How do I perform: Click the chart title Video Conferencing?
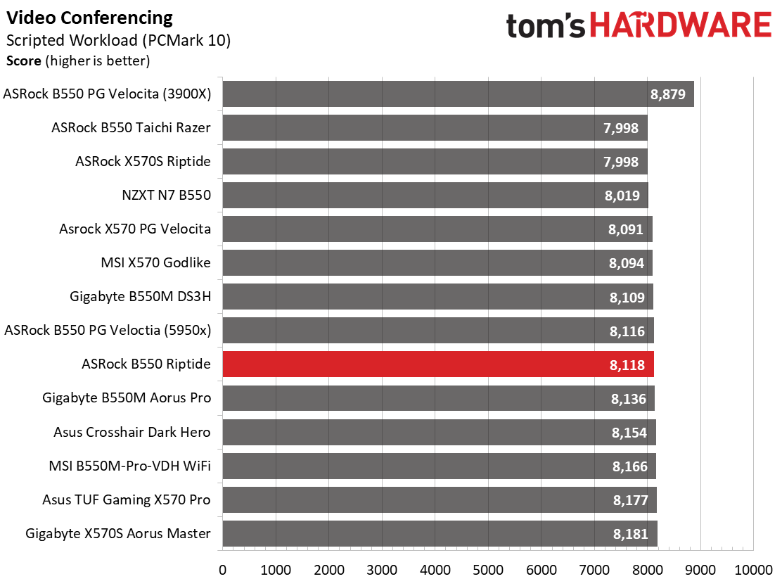coord(89,18)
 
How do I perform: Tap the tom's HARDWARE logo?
coord(639,25)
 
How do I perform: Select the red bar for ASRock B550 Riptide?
coord(438,364)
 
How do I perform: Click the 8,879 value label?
coord(668,94)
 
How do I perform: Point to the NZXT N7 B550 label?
coord(167,195)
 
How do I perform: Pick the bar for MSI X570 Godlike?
coord(437,263)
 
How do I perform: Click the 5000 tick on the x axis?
coord(488,570)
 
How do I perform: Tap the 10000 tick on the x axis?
coord(753,570)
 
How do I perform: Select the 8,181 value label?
coord(630,534)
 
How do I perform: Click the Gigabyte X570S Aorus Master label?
coord(118,534)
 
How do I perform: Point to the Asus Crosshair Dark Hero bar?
coord(439,432)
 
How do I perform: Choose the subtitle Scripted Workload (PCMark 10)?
coord(118,40)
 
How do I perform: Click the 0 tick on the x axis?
coord(222,570)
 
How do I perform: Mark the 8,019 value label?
coord(622,196)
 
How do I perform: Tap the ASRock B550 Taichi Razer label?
coord(132,127)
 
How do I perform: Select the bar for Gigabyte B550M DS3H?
coord(438,297)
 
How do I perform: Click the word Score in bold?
coord(23,60)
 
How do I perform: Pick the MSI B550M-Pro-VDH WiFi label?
coord(129,466)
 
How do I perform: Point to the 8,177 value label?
coord(630,500)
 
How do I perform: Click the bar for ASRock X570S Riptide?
coord(435,162)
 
